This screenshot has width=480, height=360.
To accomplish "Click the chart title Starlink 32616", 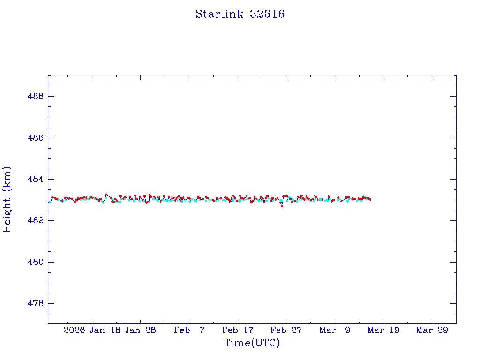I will (240, 14).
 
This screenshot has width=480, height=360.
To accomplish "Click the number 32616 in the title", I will (267, 14).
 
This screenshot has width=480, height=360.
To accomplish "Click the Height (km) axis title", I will (7, 199).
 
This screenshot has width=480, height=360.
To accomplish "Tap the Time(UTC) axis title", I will (252, 343).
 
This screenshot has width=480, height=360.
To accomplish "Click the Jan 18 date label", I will (105, 330).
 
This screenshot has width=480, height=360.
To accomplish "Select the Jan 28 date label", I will (140, 330).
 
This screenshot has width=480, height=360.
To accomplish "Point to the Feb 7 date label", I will (189, 330).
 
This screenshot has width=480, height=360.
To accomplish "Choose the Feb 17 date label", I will (238, 330).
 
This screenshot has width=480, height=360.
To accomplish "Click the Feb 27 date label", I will (286, 330).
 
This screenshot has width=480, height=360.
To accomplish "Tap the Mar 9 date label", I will (335, 330).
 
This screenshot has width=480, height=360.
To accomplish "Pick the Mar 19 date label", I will (383, 330).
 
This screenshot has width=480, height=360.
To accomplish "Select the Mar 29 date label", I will (432, 330).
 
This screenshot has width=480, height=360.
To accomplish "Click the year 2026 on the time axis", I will (74, 330).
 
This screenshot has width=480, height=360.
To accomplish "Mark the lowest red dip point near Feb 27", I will (282, 206).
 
